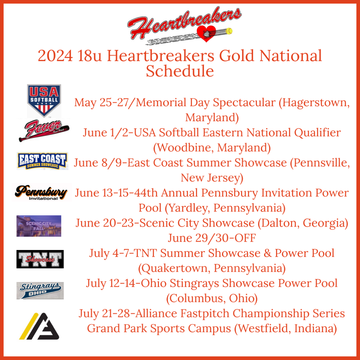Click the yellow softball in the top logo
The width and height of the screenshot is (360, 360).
click(x=230, y=31)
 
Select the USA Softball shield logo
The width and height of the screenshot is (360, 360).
click(x=44, y=100)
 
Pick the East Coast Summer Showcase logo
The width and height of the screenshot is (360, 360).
click(x=42, y=161)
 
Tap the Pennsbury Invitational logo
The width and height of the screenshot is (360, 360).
click(x=42, y=192)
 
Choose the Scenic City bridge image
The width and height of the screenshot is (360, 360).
click(x=39, y=226)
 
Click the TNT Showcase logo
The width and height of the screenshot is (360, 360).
click(x=40, y=259)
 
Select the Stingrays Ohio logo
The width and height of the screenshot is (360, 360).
click(x=40, y=290)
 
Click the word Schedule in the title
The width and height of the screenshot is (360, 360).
click(x=180, y=71)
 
